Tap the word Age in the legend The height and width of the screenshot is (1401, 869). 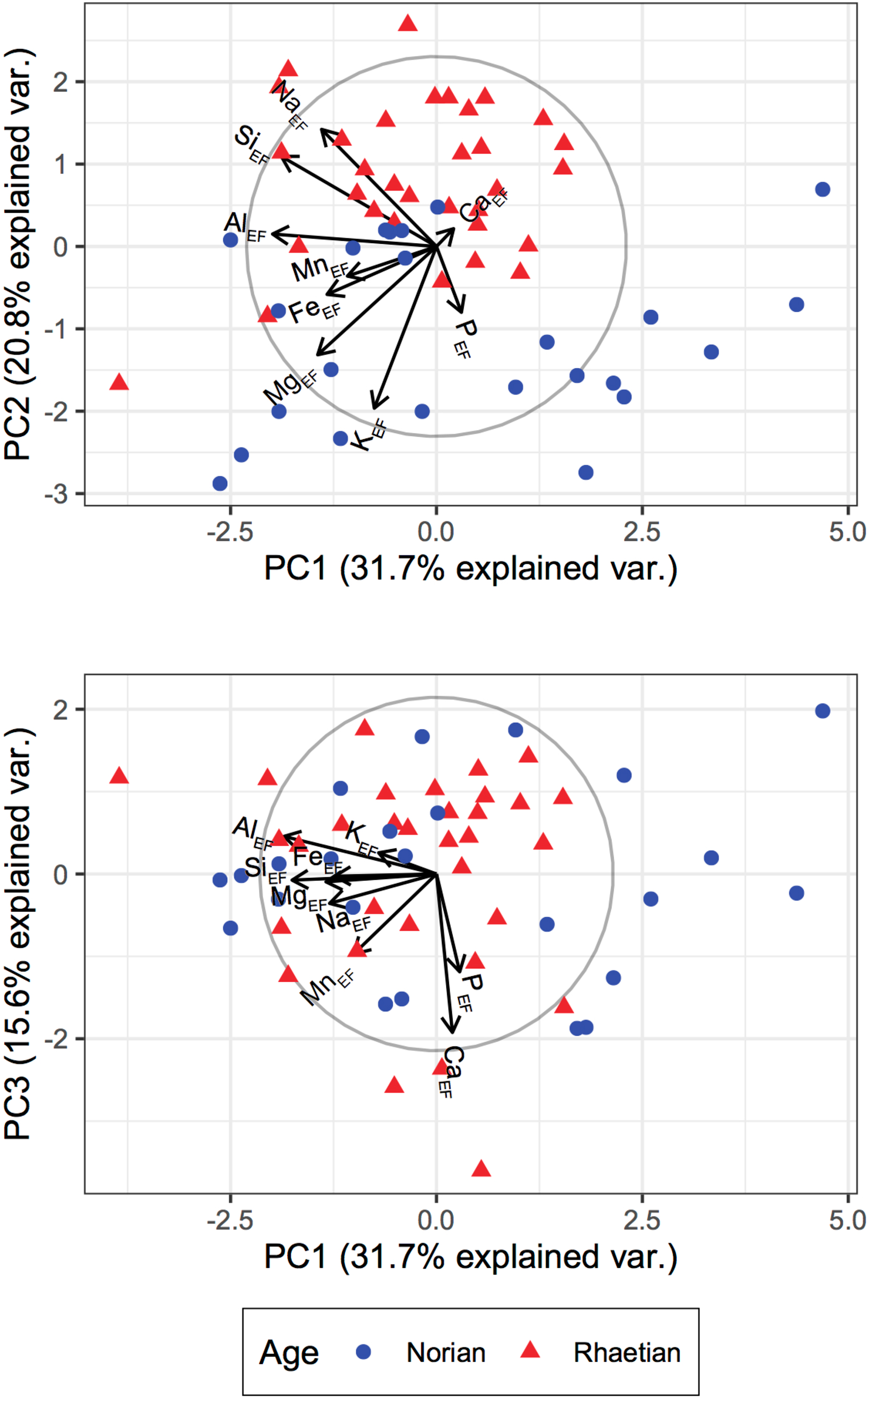coord(288,1353)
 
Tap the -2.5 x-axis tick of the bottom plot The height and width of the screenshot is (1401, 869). coord(230,1220)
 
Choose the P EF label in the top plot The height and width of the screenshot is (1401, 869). coord(465,339)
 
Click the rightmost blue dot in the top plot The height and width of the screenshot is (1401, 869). coord(822,189)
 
